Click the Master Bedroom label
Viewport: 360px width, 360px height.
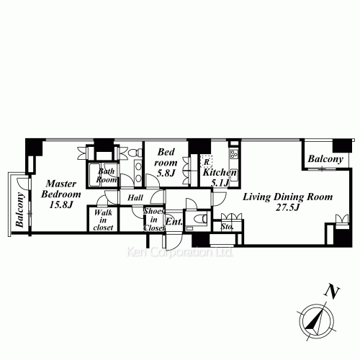pyautogui.click(x=61, y=189)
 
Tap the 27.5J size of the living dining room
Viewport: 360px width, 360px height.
pyautogui.click(x=287, y=207)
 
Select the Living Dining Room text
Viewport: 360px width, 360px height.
pyautogui.click(x=288, y=197)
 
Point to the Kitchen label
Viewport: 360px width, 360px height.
pyautogui.click(x=220, y=172)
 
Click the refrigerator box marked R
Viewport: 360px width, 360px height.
pyautogui.click(x=206, y=161)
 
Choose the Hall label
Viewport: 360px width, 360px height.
pyautogui.click(x=135, y=198)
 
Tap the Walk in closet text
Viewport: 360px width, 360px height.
pyautogui.click(x=103, y=220)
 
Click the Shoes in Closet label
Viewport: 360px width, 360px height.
pyautogui.click(x=154, y=220)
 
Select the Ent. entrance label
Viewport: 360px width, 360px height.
pyautogui.click(x=174, y=222)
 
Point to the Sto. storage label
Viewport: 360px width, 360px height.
pyautogui.click(x=227, y=226)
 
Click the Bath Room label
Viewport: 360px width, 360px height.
pyautogui.click(x=107, y=176)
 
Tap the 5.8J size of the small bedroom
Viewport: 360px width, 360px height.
pyautogui.click(x=166, y=173)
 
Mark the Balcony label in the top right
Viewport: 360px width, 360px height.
pyautogui.click(x=325, y=159)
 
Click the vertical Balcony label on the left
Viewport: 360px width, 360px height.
pyautogui.click(x=20, y=210)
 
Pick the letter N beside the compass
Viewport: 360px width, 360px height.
pyautogui.click(x=333, y=292)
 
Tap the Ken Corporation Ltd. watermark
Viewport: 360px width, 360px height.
pyautogui.click(x=179, y=252)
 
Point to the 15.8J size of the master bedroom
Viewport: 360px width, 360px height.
pyautogui.click(x=61, y=204)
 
